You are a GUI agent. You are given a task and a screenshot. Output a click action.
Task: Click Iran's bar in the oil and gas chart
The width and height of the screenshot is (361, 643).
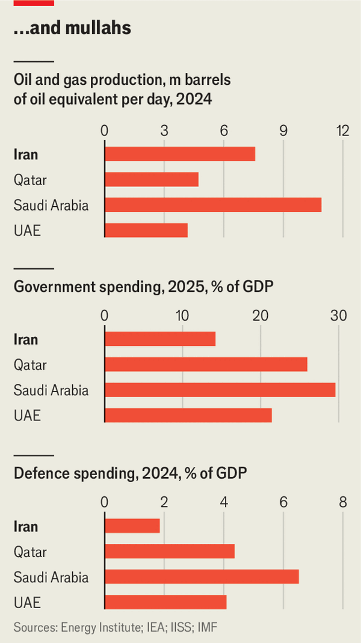(180, 154)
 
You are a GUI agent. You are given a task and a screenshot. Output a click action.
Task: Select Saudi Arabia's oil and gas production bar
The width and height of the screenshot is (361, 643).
(213, 205)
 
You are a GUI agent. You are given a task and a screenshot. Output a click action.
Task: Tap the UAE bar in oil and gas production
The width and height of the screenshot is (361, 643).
(146, 230)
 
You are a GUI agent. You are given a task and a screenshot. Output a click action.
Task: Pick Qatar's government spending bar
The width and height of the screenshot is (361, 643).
(206, 365)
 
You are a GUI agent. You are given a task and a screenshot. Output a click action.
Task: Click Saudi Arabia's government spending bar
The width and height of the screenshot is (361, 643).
(220, 390)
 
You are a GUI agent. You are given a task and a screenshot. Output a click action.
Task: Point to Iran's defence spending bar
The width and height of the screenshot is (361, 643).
(132, 526)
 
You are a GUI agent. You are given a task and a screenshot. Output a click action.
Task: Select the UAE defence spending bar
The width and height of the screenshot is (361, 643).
(165, 602)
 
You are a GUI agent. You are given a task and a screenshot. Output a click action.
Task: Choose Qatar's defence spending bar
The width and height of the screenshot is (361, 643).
(170, 552)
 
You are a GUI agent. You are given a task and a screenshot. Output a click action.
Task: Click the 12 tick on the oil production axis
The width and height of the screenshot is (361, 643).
(343, 131)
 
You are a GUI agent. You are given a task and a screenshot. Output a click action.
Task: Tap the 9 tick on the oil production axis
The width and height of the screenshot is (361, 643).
(283, 131)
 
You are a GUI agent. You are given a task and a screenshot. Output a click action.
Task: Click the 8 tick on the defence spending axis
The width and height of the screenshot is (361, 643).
(343, 502)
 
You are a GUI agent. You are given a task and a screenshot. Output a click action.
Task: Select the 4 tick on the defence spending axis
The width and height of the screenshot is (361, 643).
(224, 502)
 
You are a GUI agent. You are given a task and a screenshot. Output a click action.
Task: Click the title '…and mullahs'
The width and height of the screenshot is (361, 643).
(72, 28)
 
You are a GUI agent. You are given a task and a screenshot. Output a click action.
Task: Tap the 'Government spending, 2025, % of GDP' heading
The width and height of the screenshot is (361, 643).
(143, 288)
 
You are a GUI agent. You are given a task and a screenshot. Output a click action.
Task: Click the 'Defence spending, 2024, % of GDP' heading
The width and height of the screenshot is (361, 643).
(130, 473)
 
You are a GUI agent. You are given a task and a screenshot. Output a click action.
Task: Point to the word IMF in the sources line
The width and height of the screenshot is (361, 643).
(205, 627)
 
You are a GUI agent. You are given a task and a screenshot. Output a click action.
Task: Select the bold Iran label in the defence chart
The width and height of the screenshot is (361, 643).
(26, 526)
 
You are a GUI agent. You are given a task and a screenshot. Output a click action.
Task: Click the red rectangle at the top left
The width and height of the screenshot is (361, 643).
(34, 3)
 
